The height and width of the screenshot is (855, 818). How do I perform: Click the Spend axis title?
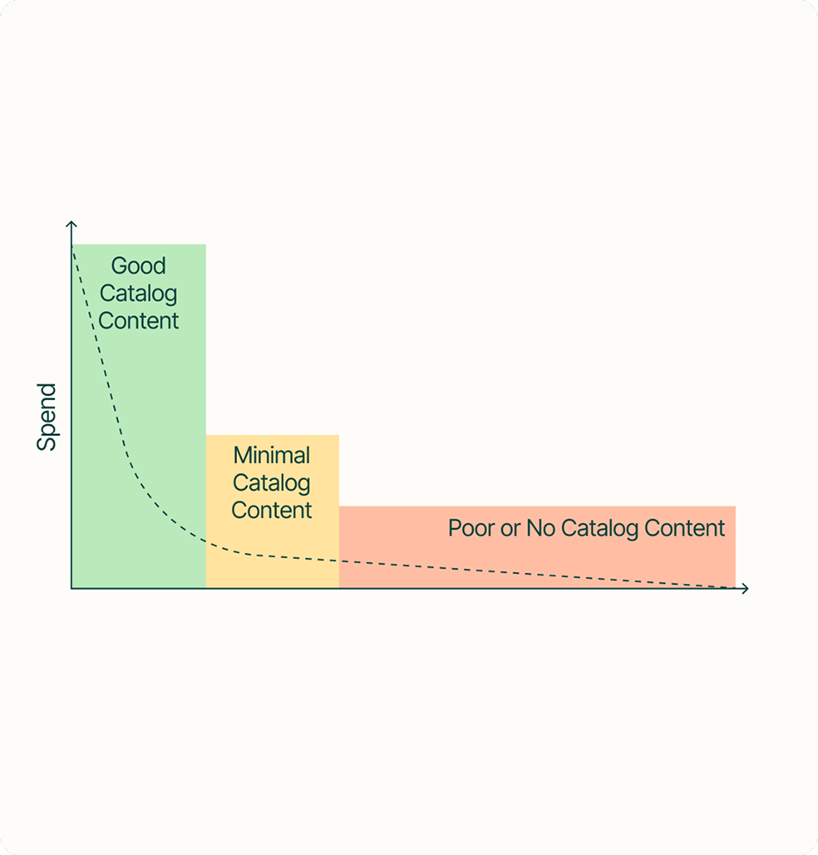(47, 417)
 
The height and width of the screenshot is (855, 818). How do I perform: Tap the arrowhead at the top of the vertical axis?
(71, 225)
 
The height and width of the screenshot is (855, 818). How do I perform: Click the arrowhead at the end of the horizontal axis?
(745, 588)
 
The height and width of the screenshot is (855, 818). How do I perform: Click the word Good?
(139, 266)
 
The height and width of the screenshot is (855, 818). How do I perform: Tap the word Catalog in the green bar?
(139, 294)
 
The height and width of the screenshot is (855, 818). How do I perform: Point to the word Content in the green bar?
(139, 320)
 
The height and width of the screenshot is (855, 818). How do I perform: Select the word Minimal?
(272, 456)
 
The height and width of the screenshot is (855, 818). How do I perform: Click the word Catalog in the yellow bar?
(272, 483)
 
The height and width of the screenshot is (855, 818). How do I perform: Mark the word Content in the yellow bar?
(272, 510)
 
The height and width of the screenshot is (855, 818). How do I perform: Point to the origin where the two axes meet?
(71, 588)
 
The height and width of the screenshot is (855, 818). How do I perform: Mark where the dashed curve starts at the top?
(74, 247)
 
